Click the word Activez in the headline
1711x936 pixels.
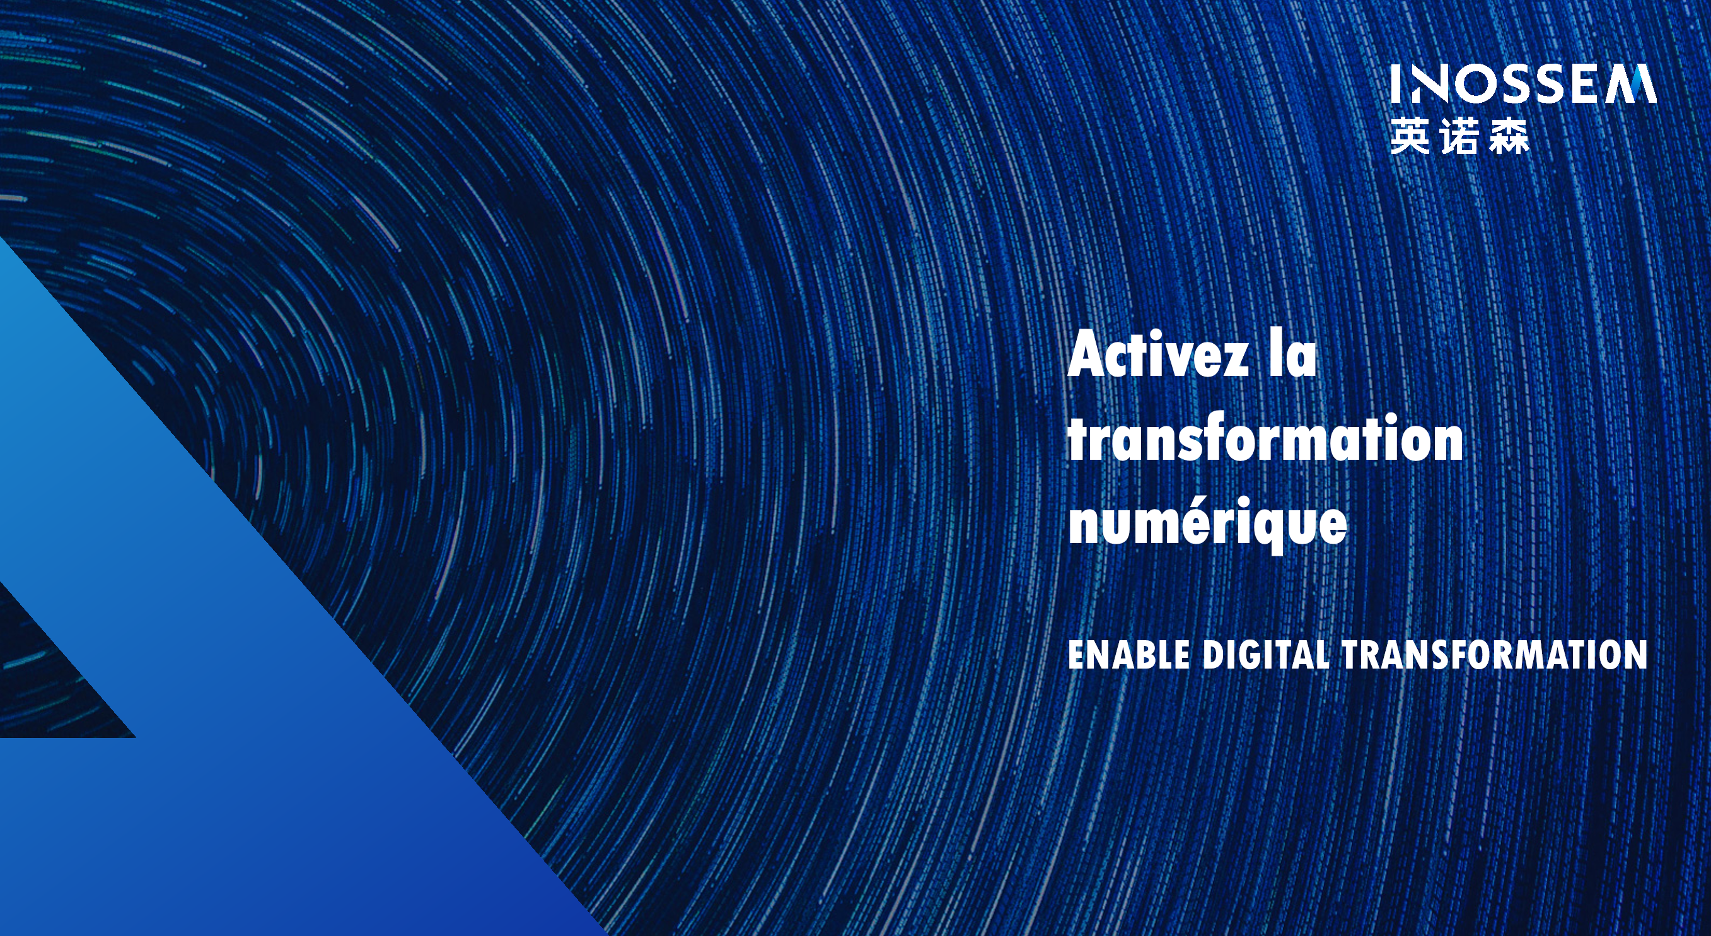click(x=1157, y=353)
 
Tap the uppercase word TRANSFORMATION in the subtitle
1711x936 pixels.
click(x=1495, y=654)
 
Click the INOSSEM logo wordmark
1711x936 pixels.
click(x=1524, y=84)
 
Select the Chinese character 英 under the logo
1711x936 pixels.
click(x=1410, y=137)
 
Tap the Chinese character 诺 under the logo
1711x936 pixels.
click(x=1460, y=137)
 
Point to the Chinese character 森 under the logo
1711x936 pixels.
click(x=1509, y=137)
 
